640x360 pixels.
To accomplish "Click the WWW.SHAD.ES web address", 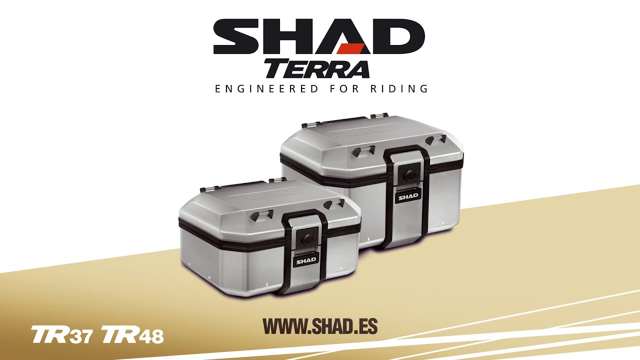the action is (x=320, y=326).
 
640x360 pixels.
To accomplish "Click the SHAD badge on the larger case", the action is (x=408, y=196).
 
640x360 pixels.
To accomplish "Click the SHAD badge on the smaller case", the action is (x=306, y=260).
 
